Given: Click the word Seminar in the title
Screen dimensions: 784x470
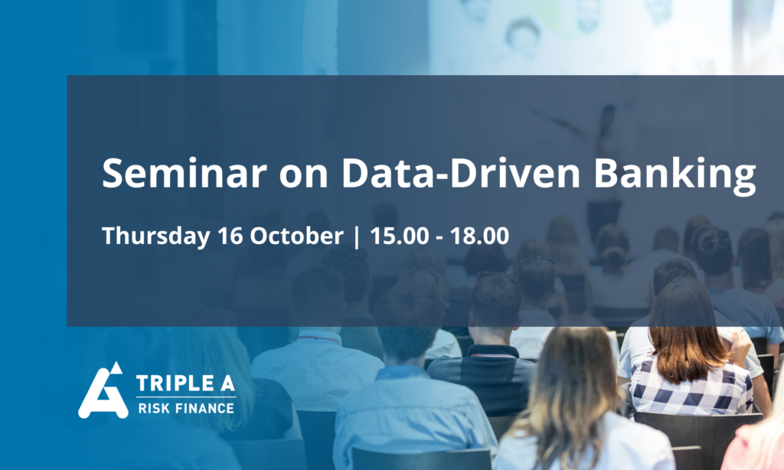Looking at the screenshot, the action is [184, 173].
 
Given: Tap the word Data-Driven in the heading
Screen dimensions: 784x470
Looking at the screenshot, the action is [460, 173].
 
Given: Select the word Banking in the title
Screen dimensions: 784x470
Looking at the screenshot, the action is [675, 175].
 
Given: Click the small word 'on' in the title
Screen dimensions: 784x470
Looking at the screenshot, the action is [303, 178].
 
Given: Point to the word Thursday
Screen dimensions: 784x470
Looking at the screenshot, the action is [155, 236].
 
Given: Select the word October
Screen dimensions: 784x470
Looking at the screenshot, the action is [296, 236].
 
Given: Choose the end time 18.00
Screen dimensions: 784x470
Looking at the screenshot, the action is [479, 236].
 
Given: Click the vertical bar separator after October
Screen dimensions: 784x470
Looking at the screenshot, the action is [357, 237].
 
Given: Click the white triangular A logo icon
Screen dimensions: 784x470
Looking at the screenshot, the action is [103, 390].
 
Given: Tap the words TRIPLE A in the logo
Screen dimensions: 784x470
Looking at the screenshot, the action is [185, 384].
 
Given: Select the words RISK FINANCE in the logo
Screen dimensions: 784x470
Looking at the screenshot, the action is [186, 409].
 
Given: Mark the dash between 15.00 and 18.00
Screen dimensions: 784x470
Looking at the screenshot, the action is [439, 238].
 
